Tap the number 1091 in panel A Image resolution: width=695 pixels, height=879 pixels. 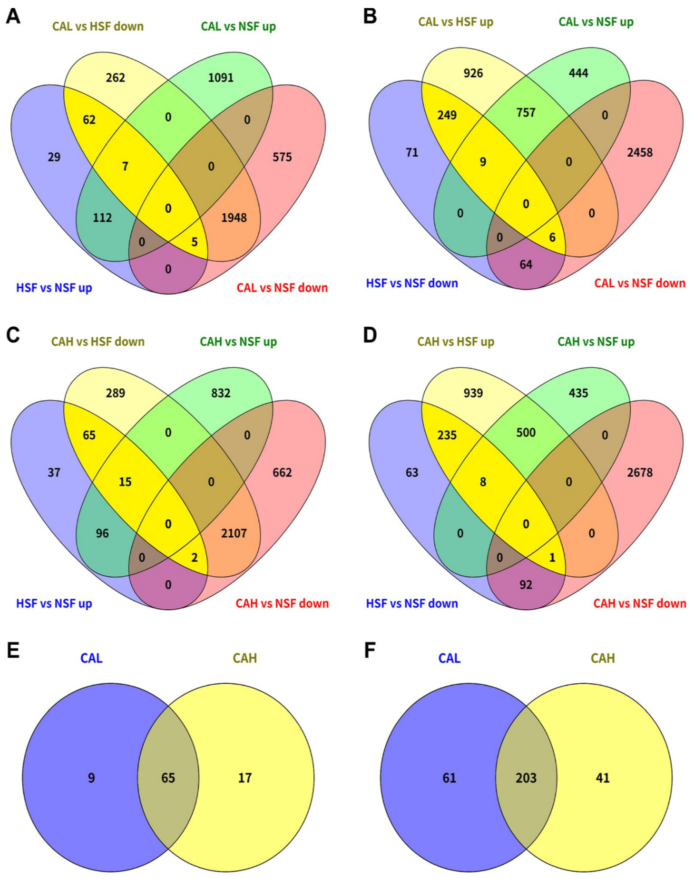[x=221, y=77]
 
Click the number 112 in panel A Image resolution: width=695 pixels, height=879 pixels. [x=102, y=218]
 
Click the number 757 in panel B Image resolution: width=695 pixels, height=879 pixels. [x=526, y=112]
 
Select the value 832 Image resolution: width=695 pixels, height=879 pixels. [x=221, y=393]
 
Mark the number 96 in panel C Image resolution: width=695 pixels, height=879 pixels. [x=102, y=533]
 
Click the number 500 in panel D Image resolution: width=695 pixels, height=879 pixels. [x=526, y=432]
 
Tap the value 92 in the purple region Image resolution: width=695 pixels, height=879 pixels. [x=526, y=585]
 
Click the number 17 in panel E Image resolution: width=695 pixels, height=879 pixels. [x=245, y=778]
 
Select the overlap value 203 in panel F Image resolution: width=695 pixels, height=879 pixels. [x=526, y=778]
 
